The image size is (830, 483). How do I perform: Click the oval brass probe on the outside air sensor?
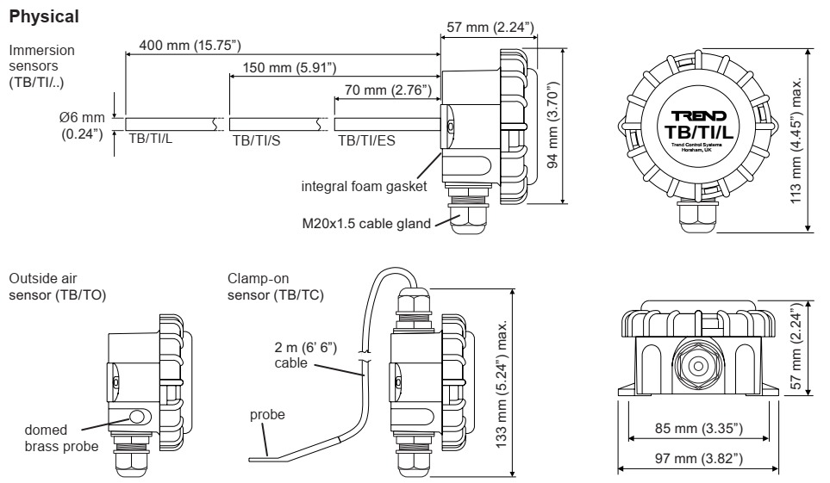(139, 418)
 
